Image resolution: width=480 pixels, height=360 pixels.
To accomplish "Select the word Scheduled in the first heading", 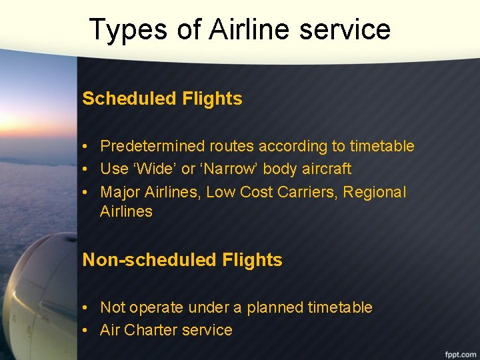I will pyautogui.click(x=125, y=99).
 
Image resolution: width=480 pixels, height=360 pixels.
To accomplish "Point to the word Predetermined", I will pyautogui.click(x=153, y=146).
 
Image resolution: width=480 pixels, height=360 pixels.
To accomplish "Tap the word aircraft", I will pyautogui.click(x=326, y=169).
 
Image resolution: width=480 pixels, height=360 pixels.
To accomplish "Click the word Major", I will pyautogui.click(x=120, y=192).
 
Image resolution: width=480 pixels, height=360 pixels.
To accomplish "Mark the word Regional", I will pyautogui.click(x=377, y=192).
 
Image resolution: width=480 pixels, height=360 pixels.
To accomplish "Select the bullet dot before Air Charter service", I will pyautogui.click(x=87, y=331).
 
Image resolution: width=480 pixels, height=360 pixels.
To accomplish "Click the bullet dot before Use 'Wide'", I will pyautogui.click(x=87, y=169).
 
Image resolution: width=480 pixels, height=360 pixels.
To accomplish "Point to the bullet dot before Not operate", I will pyautogui.click(x=87, y=308).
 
